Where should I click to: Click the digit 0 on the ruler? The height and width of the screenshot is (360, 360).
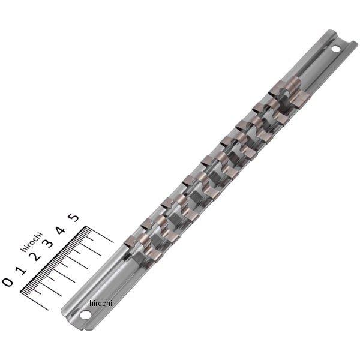tap(7, 281)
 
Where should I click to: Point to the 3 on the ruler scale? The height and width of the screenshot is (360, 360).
tap(47, 244)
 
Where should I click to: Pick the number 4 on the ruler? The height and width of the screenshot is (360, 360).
tap(60, 230)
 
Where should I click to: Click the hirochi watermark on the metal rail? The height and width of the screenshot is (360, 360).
tap(100, 304)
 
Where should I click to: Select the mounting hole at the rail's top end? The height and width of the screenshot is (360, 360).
tap(335, 48)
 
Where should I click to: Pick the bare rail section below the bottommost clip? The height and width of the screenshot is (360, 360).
tap(108, 282)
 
